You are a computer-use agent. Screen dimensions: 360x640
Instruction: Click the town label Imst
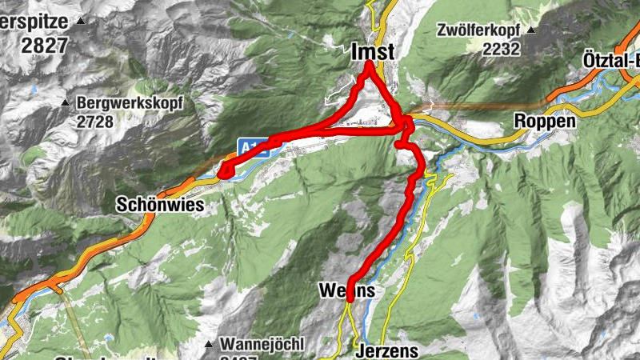[373, 51]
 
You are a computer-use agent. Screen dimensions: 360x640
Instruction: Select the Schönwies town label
[160, 205]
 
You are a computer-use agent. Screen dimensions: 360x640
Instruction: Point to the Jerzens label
[386, 352]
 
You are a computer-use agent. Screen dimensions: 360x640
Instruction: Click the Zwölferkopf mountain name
[479, 31]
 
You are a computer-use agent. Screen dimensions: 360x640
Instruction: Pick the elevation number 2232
[502, 48]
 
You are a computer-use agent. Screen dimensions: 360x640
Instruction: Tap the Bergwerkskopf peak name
[130, 102]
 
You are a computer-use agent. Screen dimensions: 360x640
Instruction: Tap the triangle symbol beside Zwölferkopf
[532, 30]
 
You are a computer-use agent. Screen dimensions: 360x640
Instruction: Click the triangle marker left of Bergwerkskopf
[66, 102]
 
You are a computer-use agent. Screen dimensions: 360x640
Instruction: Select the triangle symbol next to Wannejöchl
[208, 345]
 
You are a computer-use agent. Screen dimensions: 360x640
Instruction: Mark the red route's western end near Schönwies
[224, 170]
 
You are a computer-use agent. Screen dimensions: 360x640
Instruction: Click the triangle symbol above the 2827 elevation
[81, 23]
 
